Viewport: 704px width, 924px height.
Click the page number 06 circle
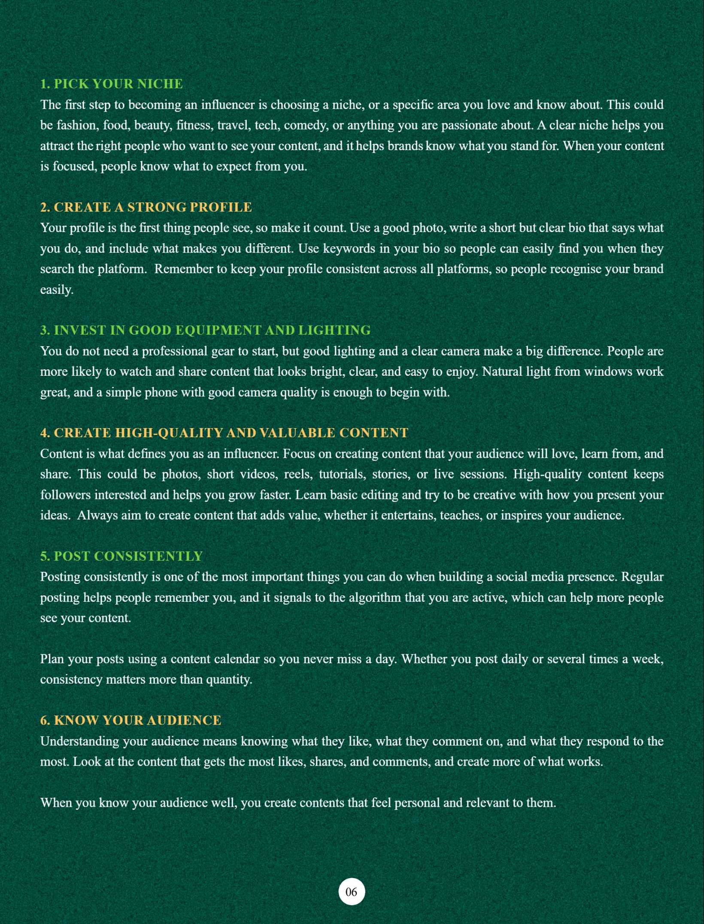[352, 892]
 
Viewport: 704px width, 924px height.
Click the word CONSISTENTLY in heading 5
[148, 556]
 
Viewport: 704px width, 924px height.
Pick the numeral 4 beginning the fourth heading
[44, 433]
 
